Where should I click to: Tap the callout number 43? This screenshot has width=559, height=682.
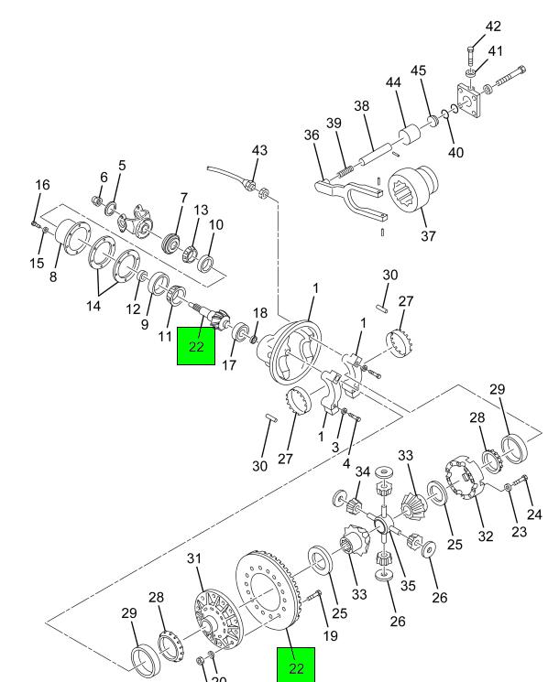click(259, 150)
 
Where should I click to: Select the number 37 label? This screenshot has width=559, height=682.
click(428, 236)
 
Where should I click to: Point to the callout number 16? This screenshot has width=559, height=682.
click(42, 185)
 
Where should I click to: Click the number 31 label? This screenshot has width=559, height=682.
click(193, 559)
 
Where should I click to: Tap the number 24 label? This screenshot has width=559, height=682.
click(535, 514)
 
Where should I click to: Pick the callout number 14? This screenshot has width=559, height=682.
click(93, 307)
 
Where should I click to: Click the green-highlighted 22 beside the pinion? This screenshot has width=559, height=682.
click(195, 346)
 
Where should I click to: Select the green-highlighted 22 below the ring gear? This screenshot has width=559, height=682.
click(296, 667)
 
